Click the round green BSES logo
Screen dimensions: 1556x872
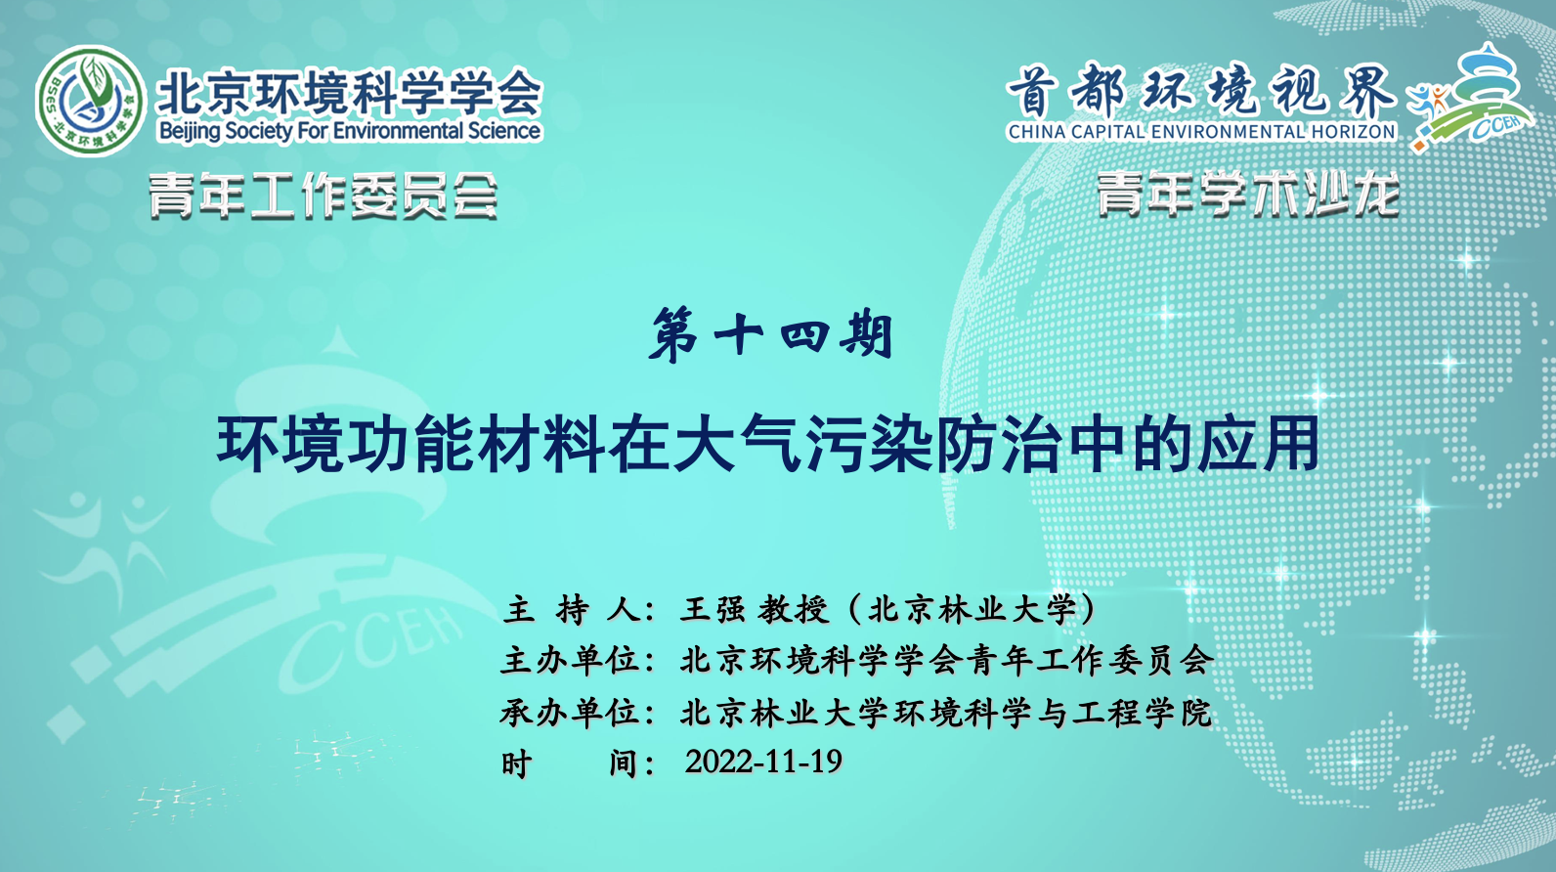90,101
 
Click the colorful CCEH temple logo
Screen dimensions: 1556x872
1471,98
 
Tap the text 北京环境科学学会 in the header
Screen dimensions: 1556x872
349,92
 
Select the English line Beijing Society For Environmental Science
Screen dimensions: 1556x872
349,131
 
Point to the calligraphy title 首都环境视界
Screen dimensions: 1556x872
1201,90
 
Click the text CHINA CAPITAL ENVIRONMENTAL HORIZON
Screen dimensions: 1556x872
1202,131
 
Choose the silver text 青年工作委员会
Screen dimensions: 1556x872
323,196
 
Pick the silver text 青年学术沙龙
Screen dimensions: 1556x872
1247,194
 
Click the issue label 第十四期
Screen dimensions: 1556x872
770,336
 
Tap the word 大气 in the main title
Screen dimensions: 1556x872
737,443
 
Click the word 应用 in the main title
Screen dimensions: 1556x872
1257,443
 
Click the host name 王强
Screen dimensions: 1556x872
713,609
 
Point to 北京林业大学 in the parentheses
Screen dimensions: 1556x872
972,609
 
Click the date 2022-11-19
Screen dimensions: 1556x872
763,762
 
